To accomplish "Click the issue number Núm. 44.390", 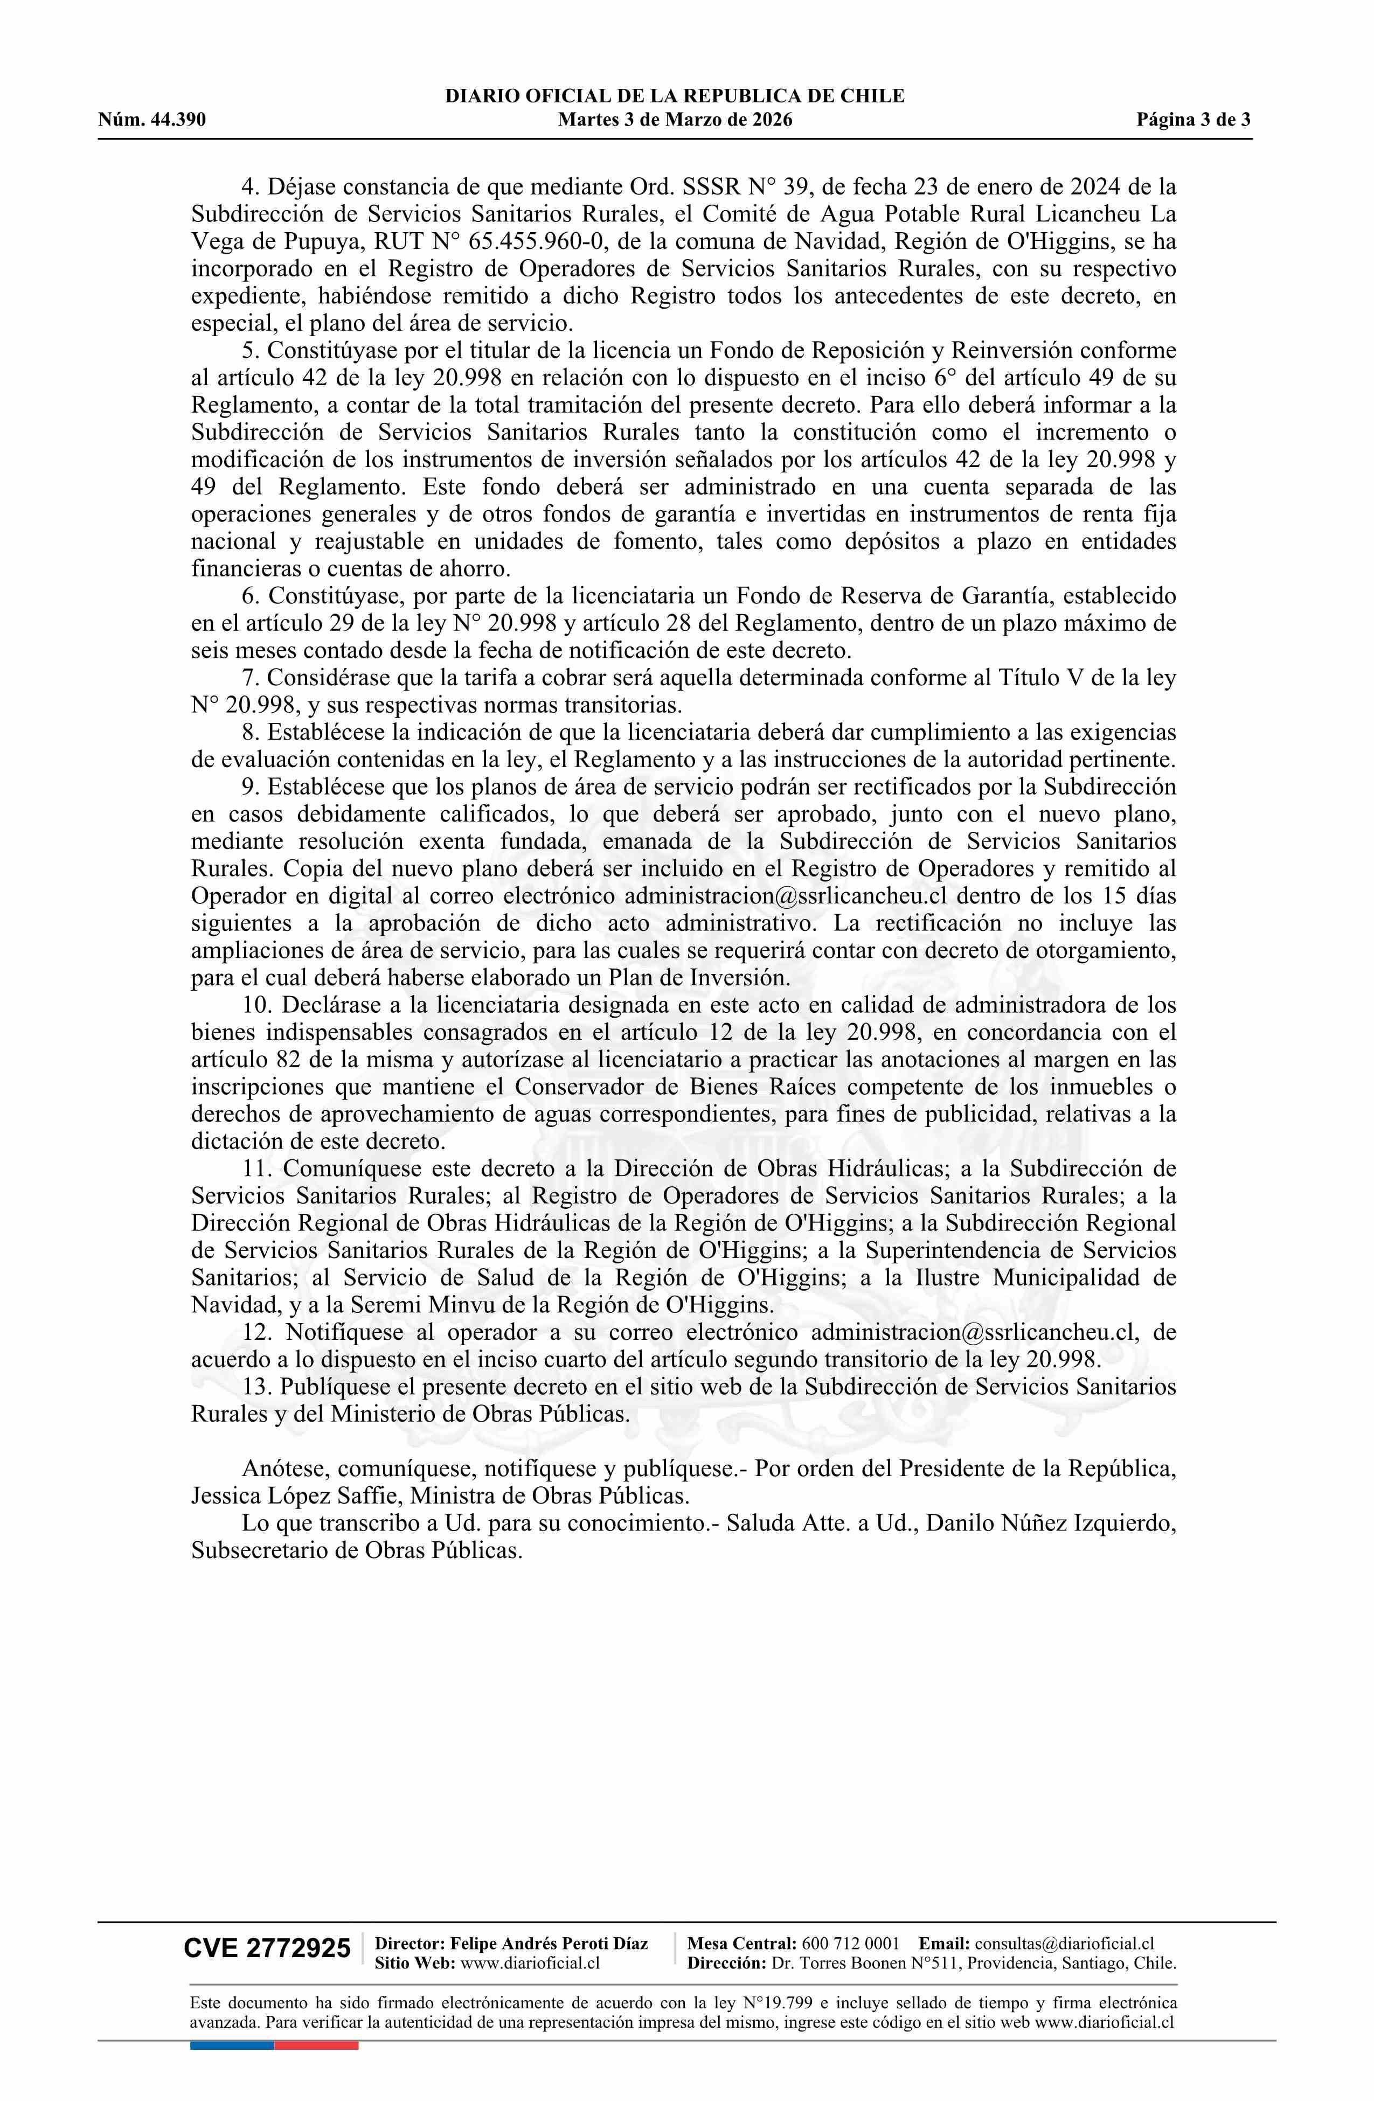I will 152,120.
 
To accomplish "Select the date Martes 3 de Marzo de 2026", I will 675,120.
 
